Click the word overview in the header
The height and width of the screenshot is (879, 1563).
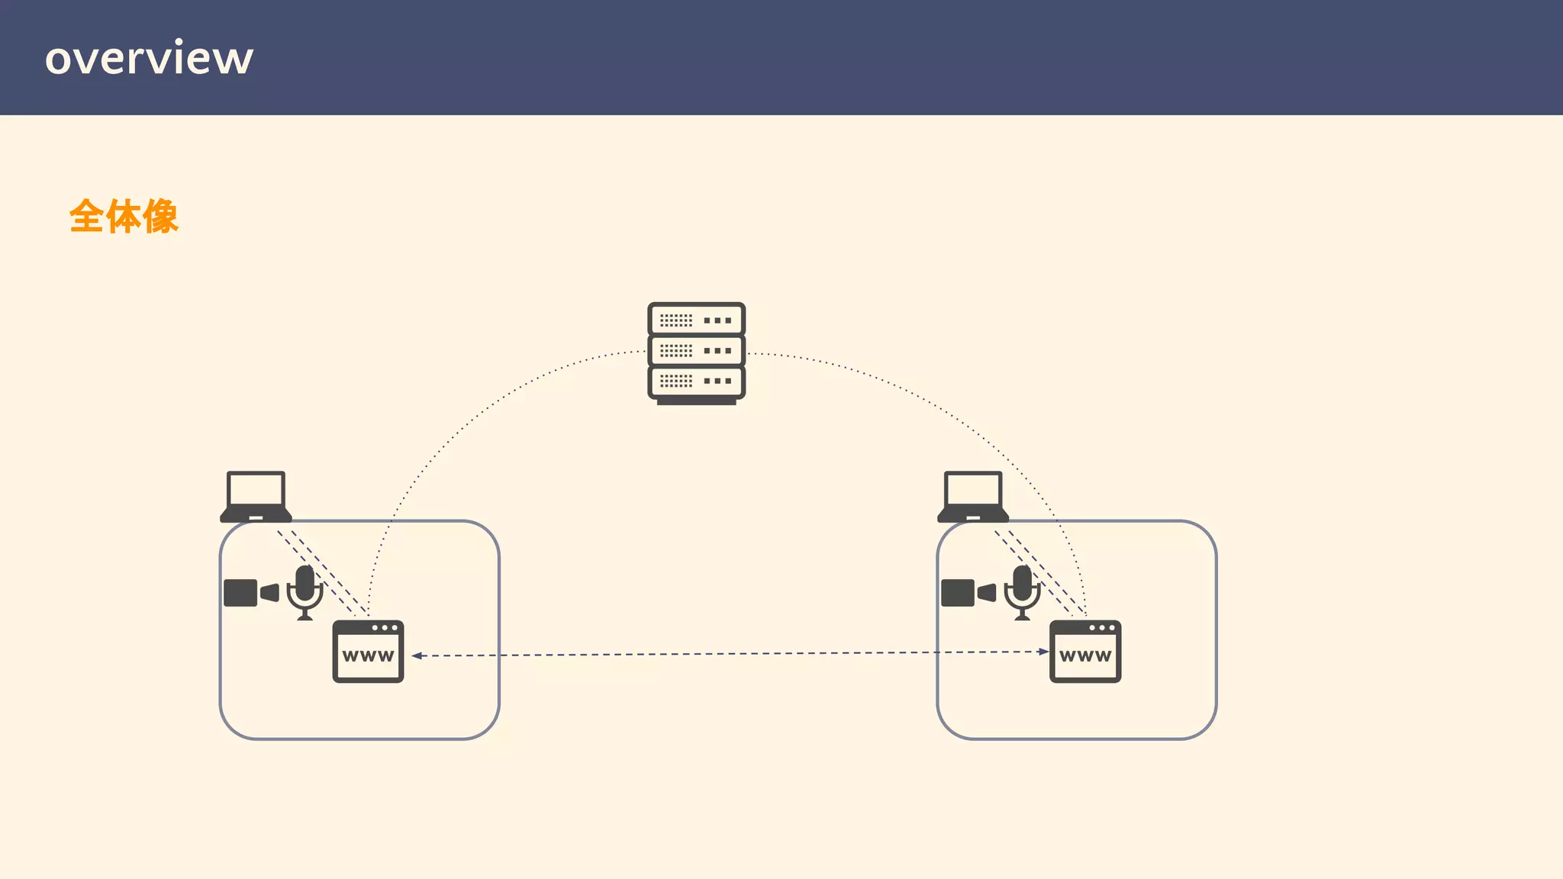click(x=149, y=58)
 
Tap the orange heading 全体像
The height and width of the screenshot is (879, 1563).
click(x=124, y=217)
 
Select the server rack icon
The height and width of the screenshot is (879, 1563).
click(x=696, y=353)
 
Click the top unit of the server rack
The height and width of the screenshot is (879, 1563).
click(x=696, y=320)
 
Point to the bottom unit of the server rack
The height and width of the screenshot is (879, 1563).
click(x=696, y=381)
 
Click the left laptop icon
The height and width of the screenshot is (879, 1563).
click(x=256, y=497)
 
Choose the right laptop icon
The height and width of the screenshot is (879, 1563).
click(x=973, y=497)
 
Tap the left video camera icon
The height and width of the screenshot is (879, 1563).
click(x=250, y=593)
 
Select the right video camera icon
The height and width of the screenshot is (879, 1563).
click(x=968, y=593)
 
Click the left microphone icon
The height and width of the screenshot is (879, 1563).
click(x=305, y=591)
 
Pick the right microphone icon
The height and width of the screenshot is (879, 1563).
click(x=1023, y=591)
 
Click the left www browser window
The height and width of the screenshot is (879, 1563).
click(x=368, y=652)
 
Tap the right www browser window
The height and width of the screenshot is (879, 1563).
click(x=1085, y=652)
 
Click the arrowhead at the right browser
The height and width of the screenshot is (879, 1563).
click(x=1043, y=652)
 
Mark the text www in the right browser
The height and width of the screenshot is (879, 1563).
click(x=1085, y=656)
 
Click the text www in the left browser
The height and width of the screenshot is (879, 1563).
click(x=368, y=656)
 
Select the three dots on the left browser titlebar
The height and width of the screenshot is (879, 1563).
click(x=385, y=628)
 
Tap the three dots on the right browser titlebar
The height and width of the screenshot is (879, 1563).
click(x=1102, y=628)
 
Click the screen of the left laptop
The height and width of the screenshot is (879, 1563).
click(x=256, y=488)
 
